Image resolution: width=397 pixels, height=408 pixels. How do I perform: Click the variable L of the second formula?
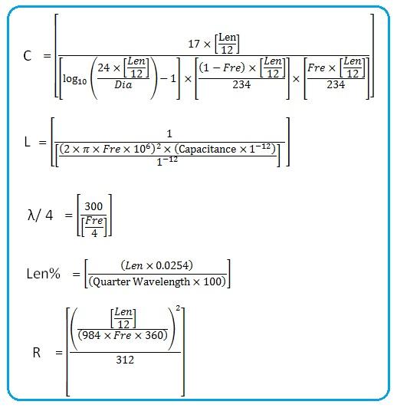tap(28, 142)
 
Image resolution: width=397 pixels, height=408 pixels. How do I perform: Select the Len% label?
tap(44, 274)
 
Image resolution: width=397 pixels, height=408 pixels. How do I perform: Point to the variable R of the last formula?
tap(36, 352)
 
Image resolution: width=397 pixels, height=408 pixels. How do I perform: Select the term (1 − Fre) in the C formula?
tap(219, 67)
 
